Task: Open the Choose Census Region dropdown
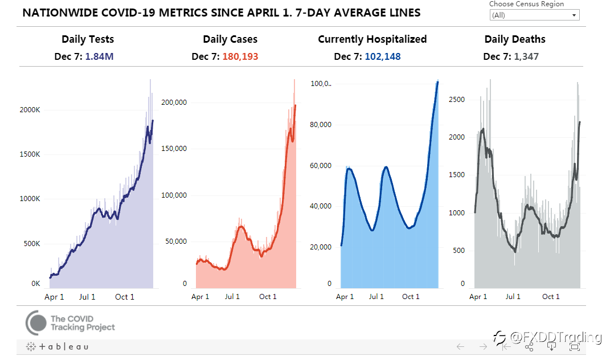click(534, 15)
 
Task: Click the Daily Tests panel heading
click(88, 39)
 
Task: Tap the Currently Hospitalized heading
click(372, 39)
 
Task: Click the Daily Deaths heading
click(515, 39)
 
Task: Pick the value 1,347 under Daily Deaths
click(526, 56)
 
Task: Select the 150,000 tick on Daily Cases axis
click(173, 149)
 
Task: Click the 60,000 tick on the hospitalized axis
click(321, 166)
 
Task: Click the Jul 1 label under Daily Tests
click(87, 297)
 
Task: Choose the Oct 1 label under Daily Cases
click(268, 297)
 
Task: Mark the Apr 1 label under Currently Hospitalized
click(345, 297)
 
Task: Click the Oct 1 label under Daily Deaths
click(551, 297)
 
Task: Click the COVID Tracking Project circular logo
click(36, 323)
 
